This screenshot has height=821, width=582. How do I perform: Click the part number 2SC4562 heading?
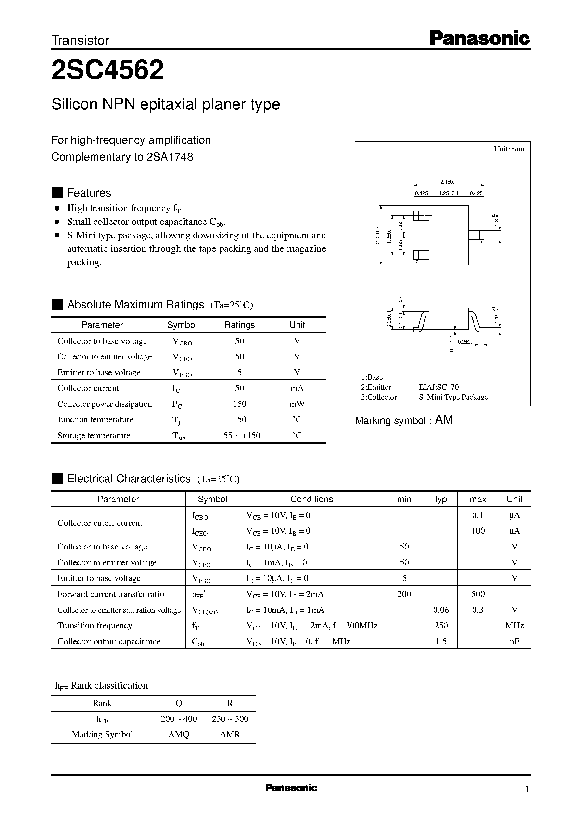(x=108, y=70)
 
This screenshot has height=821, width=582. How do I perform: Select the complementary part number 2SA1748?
(x=170, y=157)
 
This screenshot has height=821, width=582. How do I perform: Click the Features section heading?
(x=89, y=193)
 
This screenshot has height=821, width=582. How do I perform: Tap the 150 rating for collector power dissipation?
(x=239, y=404)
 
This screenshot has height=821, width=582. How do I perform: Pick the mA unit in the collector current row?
(x=297, y=388)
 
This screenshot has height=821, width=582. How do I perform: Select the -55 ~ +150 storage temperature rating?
(x=239, y=435)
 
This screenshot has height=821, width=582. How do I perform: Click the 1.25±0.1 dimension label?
(x=449, y=193)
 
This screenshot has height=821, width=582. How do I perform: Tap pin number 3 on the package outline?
(x=481, y=243)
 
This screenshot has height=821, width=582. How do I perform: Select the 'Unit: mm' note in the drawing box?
(x=509, y=149)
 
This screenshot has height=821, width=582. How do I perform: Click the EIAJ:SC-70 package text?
(x=439, y=387)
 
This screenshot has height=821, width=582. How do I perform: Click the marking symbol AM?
(x=444, y=420)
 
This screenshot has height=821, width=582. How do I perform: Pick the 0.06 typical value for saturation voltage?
(x=441, y=610)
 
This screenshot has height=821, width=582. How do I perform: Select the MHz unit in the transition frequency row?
(x=514, y=626)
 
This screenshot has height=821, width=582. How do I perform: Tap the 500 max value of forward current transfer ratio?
(x=478, y=594)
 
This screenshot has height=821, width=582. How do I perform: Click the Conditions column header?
(x=311, y=499)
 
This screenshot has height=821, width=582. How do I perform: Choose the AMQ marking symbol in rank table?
(x=179, y=734)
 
